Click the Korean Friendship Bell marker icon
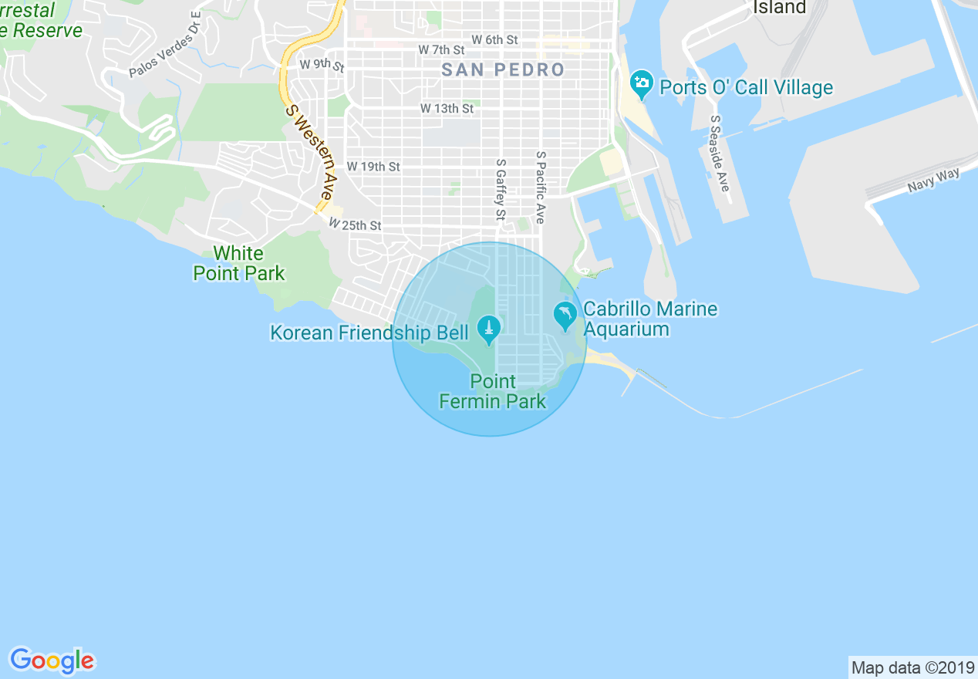[487, 329]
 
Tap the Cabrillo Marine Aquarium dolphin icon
[565, 315]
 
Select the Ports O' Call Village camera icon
[641, 83]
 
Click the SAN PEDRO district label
[503, 70]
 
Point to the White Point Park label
[239, 263]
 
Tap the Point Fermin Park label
[493, 391]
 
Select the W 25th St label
[355, 225]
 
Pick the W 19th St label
[373, 167]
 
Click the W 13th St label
[447, 109]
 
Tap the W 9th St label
[322, 64]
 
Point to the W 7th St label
[444, 49]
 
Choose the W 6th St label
[494, 39]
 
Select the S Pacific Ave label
[541, 187]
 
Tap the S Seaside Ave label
[720, 154]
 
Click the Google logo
[52, 660]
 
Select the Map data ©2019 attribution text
[912, 667]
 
